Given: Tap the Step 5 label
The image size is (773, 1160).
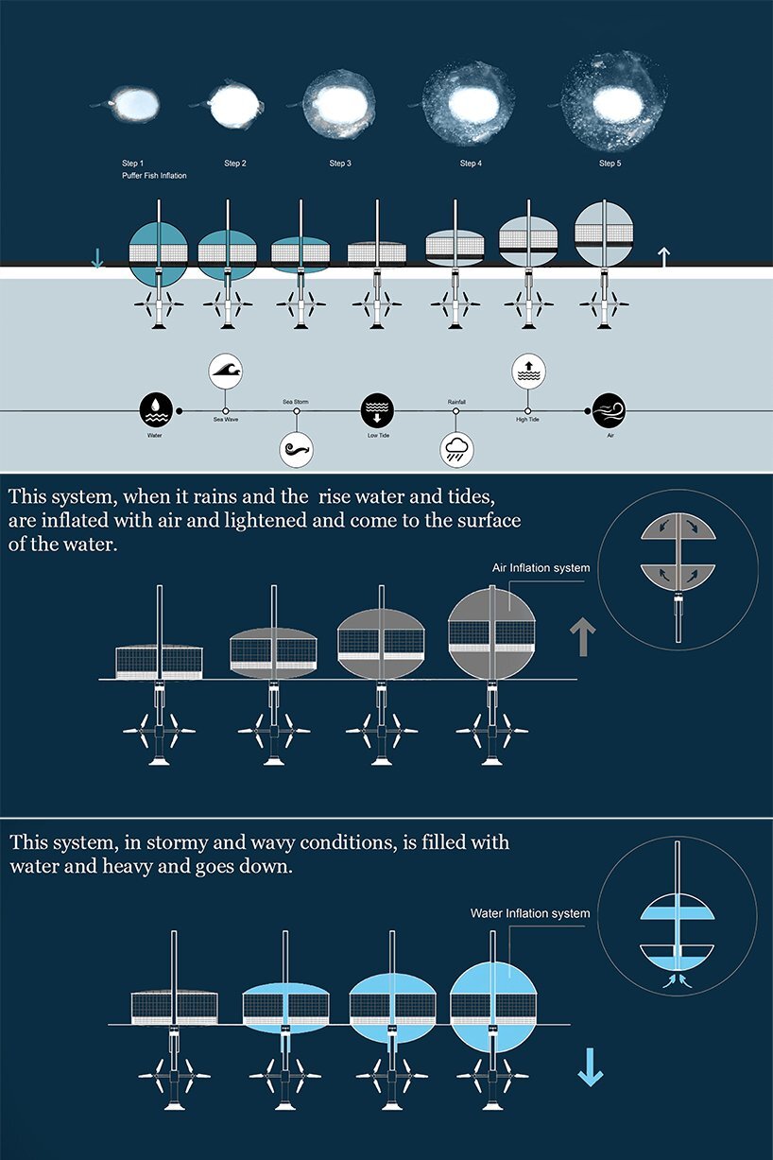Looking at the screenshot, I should pyautogui.click(x=610, y=164).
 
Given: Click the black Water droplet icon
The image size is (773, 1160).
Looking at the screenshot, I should pyautogui.click(x=155, y=409).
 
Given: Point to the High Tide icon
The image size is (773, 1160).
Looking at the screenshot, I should pyautogui.click(x=528, y=372).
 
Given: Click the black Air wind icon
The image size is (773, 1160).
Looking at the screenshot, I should pyautogui.click(x=609, y=409).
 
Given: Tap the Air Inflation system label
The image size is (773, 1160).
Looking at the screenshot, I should pyautogui.click(x=541, y=568).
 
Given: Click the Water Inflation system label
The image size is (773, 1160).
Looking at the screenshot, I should pyautogui.click(x=530, y=913).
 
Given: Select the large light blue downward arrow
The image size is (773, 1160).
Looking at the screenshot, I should pyautogui.click(x=591, y=1066).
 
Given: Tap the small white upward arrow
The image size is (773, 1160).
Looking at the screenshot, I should pyautogui.click(x=663, y=256).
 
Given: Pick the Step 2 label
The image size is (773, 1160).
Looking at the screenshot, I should pyautogui.click(x=235, y=164).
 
